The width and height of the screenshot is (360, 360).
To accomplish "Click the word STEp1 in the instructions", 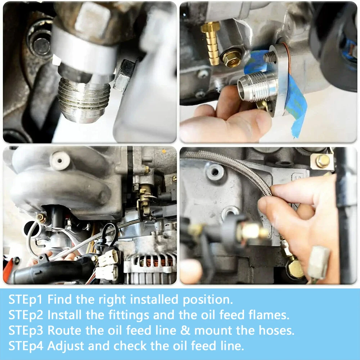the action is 26,300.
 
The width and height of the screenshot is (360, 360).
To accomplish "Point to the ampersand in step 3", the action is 185,330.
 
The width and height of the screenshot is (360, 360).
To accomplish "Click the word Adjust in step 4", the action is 66,346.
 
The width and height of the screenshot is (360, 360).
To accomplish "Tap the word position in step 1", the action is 208,300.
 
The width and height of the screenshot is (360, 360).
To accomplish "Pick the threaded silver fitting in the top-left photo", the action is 84,99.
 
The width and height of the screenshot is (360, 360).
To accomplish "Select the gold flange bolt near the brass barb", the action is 231,59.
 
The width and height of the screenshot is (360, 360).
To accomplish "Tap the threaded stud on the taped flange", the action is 270,57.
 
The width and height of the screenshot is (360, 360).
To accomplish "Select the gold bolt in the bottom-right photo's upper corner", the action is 323,161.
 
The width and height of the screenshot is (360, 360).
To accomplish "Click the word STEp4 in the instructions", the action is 26,346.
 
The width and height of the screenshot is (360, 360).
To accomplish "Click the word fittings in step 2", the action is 129,315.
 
